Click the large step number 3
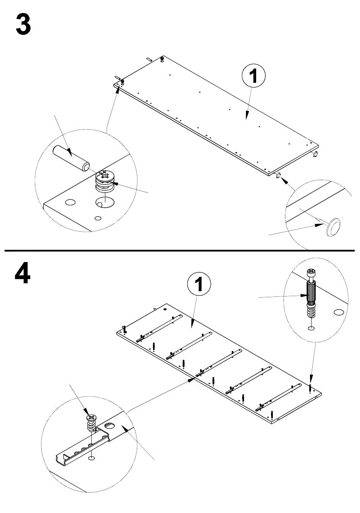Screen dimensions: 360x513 click(23, 24)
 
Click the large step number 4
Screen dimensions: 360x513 click(22, 273)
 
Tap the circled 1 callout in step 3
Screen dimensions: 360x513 click(254, 75)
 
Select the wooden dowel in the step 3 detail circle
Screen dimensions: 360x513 click(71, 158)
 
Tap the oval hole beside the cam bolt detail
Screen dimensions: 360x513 click(339, 312)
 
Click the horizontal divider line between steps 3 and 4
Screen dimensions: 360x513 click(180, 251)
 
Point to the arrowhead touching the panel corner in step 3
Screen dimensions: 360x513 click(118, 90)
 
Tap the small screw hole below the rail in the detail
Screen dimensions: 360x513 click(91, 458)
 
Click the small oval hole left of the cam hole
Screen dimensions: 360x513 click(70, 202)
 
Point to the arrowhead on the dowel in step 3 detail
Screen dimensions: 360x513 click(69, 152)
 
